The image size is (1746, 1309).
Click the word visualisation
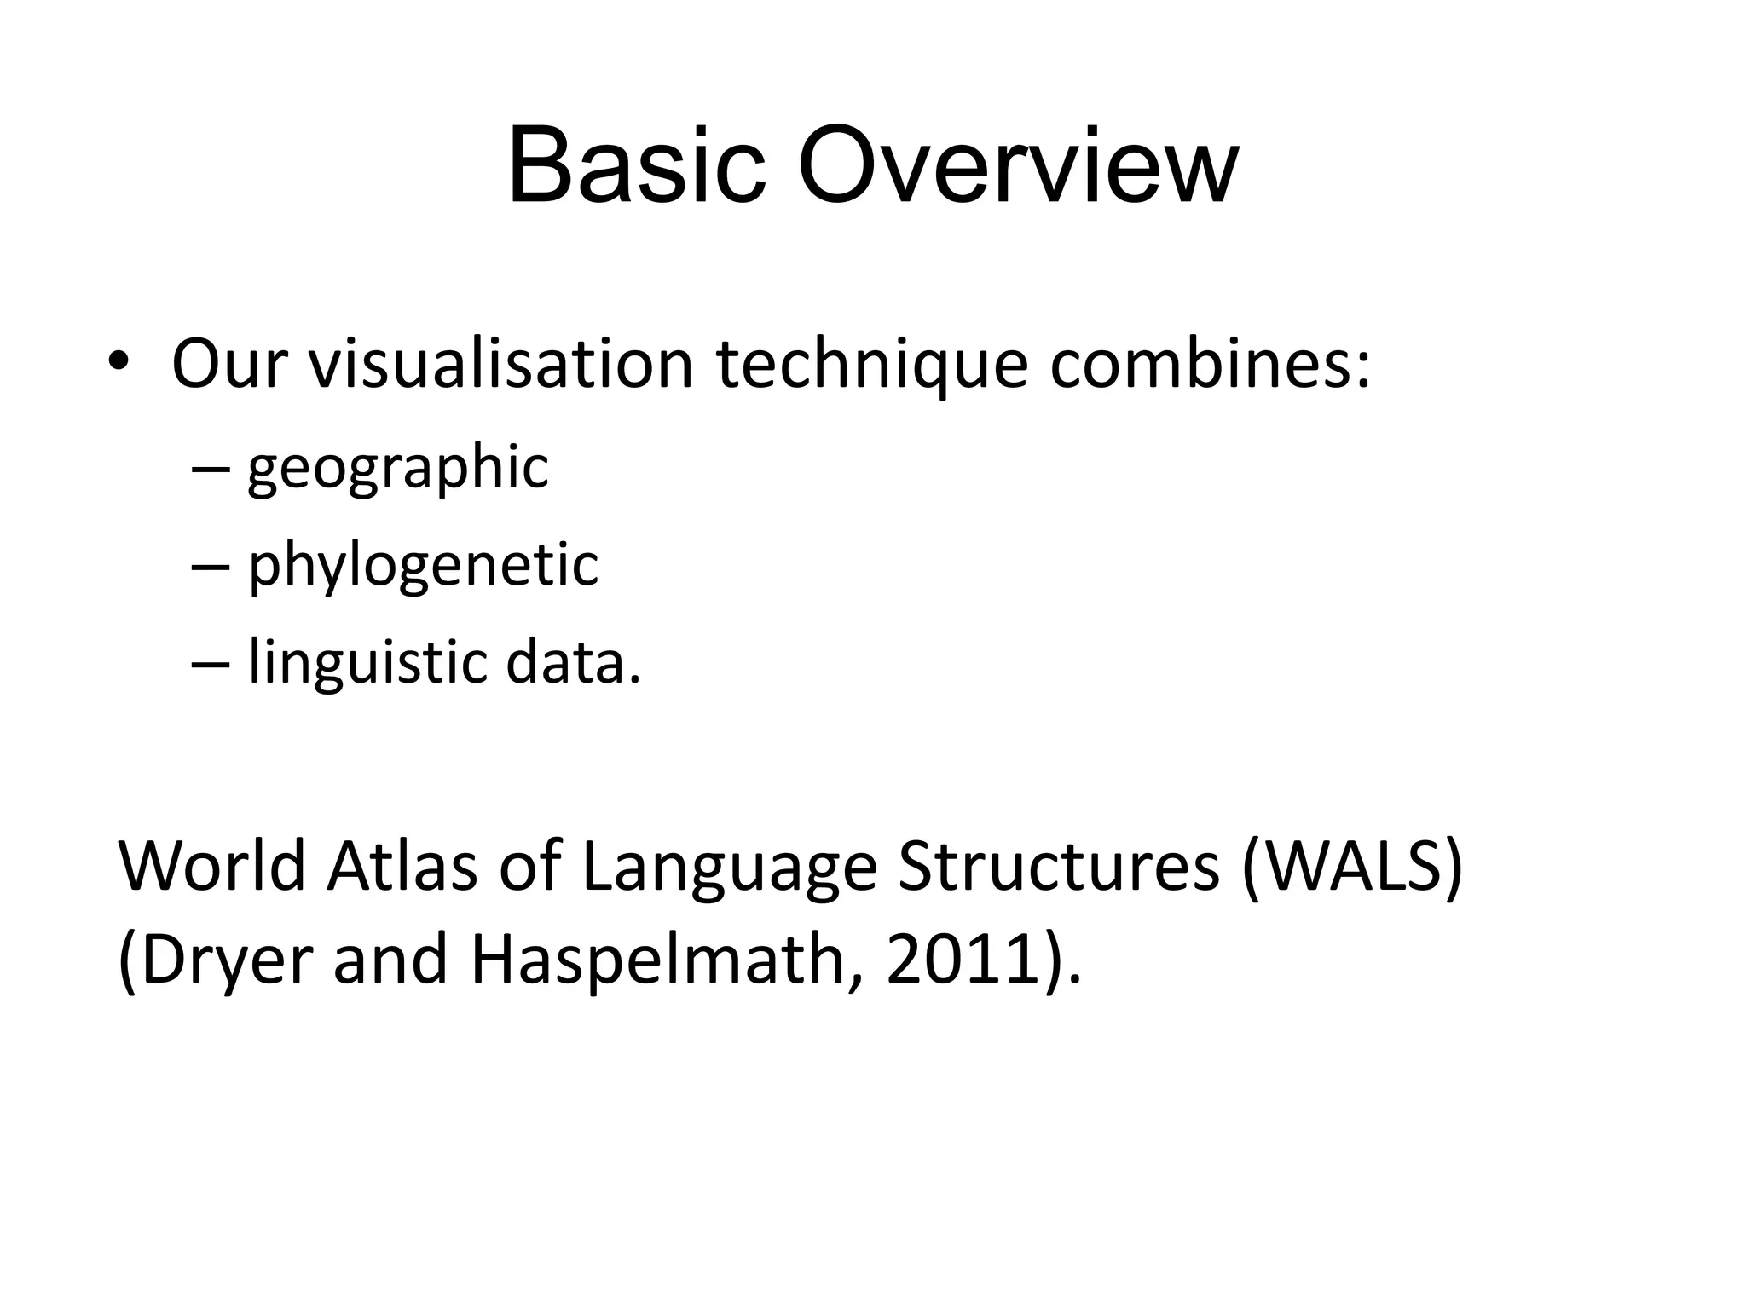pos(500,365)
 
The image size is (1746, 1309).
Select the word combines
pos(1209,365)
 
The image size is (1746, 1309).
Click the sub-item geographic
pos(397,469)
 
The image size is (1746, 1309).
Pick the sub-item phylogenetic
pos(423,566)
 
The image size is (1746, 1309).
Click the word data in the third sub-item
pos(572,663)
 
